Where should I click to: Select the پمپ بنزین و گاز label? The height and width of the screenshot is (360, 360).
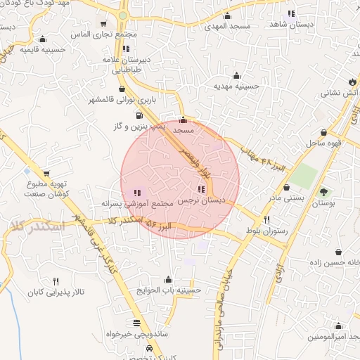click(x=139, y=127)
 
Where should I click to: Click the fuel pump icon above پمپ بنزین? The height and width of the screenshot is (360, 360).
click(x=139, y=115)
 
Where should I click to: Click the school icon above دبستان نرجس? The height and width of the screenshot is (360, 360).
click(x=202, y=188)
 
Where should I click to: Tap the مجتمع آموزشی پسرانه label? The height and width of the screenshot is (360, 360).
click(x=136, y=202)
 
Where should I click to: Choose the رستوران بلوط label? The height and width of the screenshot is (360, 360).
click(x=264, y=231)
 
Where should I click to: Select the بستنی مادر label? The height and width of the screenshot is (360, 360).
click(x=288, y=198)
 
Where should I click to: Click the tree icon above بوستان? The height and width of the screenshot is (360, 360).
click(x=323, y=191)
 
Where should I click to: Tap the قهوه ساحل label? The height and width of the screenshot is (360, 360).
click(x=323, y=143)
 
